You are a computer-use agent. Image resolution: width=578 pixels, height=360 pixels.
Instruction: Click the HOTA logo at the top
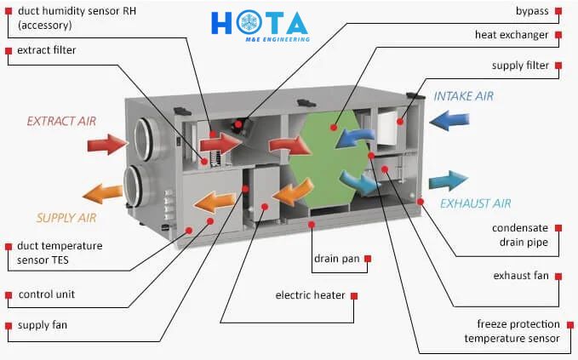coord(260,26)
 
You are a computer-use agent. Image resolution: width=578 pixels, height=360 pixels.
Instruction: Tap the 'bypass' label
coord(532,11)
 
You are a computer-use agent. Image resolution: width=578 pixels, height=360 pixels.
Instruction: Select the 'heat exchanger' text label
coord(512,35)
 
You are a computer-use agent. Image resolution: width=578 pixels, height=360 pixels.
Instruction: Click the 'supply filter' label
coord(520,66)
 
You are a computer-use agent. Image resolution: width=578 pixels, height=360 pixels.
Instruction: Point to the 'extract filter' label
coord(47,50)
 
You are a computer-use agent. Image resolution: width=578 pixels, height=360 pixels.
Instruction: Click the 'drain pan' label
coord(336,259)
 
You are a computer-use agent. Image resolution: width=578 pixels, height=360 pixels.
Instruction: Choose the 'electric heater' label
coord(310,295)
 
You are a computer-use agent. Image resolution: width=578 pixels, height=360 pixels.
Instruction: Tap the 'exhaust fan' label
coord(521,276)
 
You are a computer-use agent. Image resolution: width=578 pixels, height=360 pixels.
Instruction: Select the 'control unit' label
coord(47,294)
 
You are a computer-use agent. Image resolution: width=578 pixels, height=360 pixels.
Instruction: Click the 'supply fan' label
coord(43,325)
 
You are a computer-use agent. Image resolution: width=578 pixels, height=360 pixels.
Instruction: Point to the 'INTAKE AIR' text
coord(463,96)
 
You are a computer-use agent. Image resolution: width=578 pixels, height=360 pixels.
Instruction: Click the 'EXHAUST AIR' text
coord(476,203)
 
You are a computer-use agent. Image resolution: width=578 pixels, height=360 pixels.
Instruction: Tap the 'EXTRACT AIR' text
coord(61,121)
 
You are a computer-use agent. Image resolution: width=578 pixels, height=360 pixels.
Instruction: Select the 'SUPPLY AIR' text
coord(66,218)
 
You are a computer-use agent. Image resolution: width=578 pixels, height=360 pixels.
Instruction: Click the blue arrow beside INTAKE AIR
coord(449,121)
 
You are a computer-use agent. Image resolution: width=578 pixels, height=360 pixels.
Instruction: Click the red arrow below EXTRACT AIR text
coord(107,144)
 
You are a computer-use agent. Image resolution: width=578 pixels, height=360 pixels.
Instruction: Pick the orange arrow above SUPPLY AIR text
coord(103,193)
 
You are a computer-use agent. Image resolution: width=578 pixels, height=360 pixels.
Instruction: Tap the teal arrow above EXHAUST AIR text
coord(449,181)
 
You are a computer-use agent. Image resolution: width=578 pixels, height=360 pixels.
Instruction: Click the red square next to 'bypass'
coord(558,11)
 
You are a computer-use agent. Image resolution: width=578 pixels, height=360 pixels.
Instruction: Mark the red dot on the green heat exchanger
coord(334,128)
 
